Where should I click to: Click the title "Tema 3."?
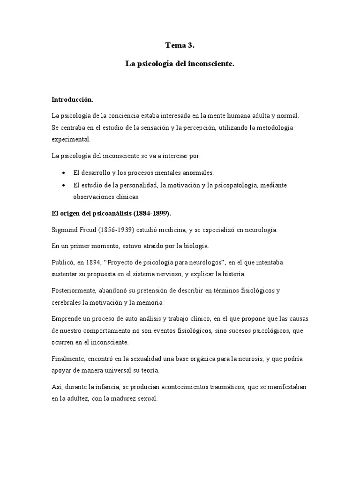coord(180,45)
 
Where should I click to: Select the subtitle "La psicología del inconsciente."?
coord(180,63)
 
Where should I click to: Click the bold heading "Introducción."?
coord(73,99)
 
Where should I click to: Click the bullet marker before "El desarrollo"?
coord(63,173)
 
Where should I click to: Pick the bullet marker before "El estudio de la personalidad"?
coord(63,185)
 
